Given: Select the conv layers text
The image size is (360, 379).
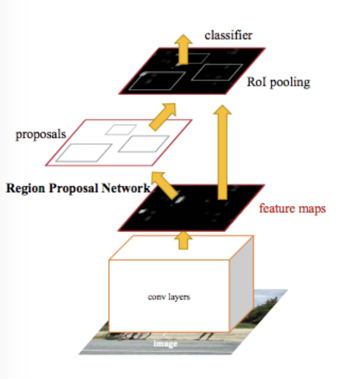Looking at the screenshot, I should (168, 297).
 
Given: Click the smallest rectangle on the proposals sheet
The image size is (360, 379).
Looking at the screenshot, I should (121, 130).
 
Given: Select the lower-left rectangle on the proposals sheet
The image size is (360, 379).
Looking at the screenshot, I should (84, 152).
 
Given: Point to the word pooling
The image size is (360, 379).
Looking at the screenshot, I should (292, 83).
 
